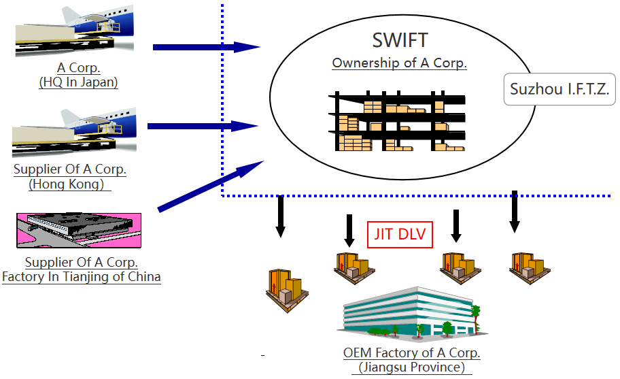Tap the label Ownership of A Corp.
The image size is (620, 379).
click(x=399, y=63)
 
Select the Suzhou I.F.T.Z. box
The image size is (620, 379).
click(x=559, y=89)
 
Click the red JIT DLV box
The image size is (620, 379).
click(x=400, y=234)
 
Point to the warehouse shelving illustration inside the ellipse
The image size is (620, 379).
click(x=397, y=121)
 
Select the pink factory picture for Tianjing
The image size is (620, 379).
click(x=79, y=230)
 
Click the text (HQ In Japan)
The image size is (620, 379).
click(x=79, y=82)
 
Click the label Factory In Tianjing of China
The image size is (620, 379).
click(x=82, y=277)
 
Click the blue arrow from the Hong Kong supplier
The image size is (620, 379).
click(x=203, y=126)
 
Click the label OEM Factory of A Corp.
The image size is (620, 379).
click(x=412, y=353)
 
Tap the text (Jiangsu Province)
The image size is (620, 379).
click(x=412, y=367)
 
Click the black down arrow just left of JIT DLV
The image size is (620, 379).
click(x=349, y=230)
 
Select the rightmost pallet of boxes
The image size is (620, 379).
click(x=530, y=266)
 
